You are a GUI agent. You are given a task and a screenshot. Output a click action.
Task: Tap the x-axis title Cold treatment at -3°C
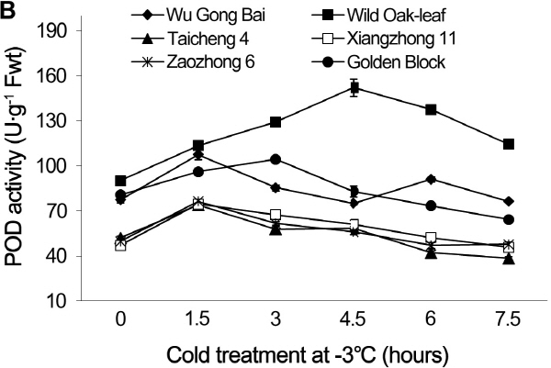(x=315, y=353)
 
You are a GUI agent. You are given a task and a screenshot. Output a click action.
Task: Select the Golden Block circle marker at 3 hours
(x=275, y=159)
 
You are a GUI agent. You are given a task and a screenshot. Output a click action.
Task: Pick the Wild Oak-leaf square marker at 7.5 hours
(x=509, y=144)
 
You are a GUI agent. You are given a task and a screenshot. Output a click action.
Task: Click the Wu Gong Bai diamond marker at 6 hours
(x=431, y=179)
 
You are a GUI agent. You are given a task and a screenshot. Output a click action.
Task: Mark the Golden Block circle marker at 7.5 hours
(x=509, y=219)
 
